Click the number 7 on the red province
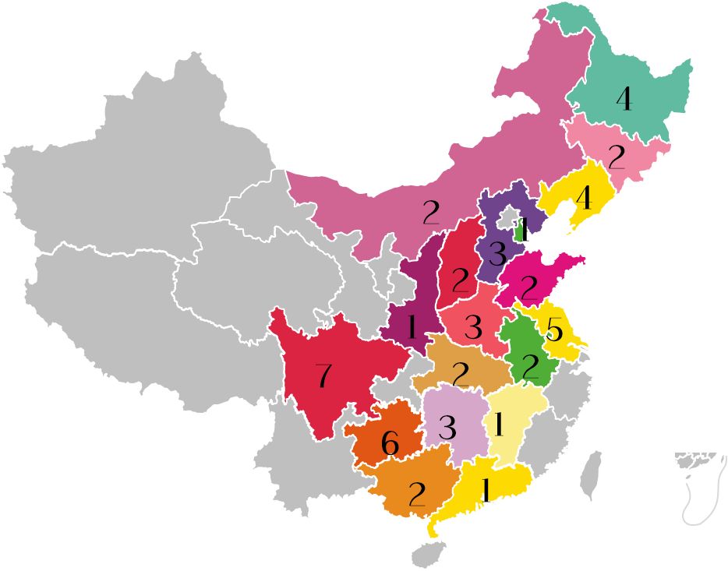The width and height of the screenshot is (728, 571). [323, 377]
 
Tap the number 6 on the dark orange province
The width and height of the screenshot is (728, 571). [391, 444]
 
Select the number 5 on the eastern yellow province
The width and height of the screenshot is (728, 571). [554, 331]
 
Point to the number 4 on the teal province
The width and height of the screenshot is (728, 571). [624, 100]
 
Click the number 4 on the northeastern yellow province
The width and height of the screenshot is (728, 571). [584, 199]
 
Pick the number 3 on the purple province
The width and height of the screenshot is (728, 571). [497, 254]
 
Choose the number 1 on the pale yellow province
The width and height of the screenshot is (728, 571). [500, 425]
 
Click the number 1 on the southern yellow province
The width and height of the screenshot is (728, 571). [486, 490]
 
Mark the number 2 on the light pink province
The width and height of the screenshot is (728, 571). [617, 158]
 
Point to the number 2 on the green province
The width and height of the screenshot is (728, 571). [531, 366]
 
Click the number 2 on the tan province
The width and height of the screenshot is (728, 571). [461, 375]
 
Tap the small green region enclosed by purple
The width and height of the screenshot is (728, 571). [520, 231]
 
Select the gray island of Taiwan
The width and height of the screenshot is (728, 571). [592, 475]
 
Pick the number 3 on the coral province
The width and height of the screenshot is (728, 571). [473, 328]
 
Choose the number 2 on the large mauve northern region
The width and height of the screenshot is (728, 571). [431, 213]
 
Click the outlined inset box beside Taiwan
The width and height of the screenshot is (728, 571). [700, 487]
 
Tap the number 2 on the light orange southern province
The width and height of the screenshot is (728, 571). [417, 494]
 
